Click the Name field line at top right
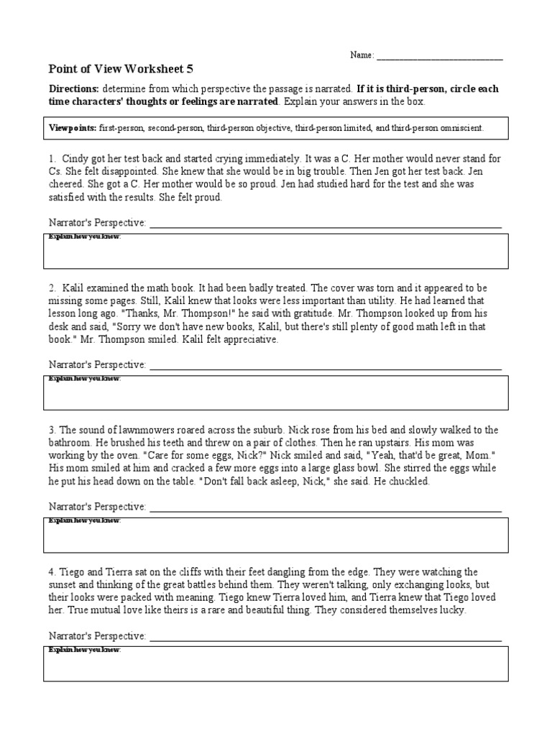[439, 57]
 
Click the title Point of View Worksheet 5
[120, 69]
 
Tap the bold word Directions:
[73, 89]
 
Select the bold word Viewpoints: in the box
[72, 128]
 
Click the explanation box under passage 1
[276, 251]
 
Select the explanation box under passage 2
[276, 392]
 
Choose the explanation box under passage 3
[276, 535]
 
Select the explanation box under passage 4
[276, 663]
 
